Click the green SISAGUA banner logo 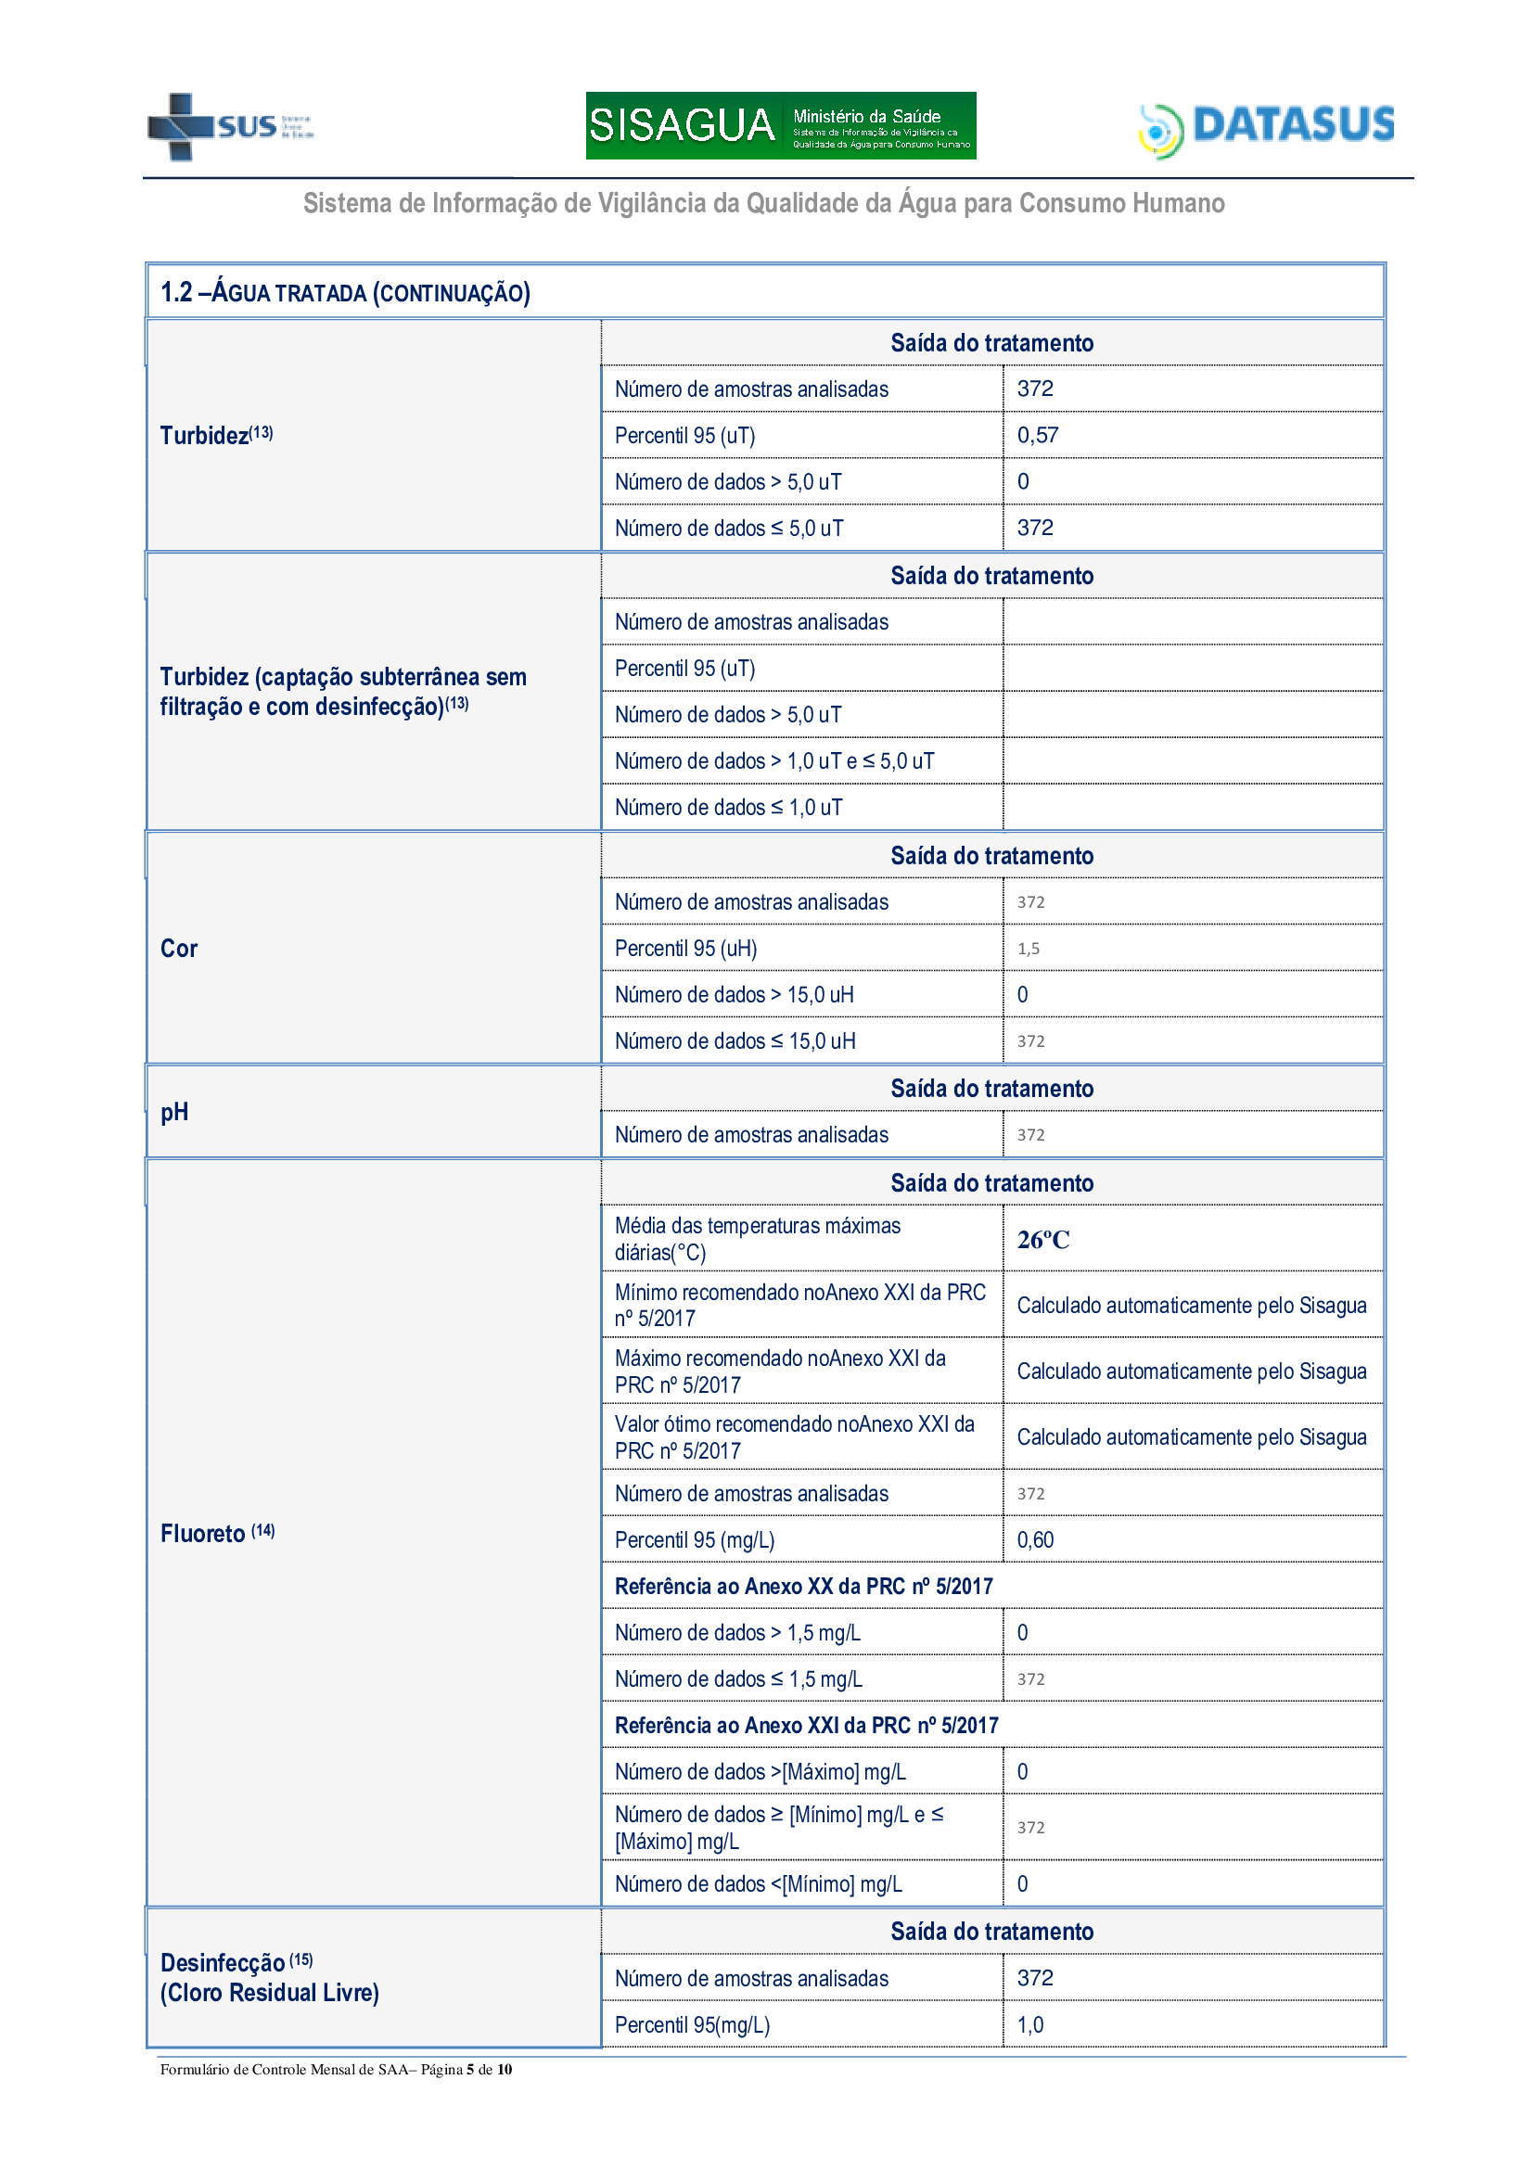(780, 125)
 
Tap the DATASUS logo (1267, 128)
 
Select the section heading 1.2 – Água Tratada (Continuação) (345, 293)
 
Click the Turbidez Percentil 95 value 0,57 (1037, 436)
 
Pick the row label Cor (178, 949)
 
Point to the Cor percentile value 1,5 (1028, 949)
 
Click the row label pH (174, 1112)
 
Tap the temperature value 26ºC (1042, 1240)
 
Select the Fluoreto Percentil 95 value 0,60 (1035, 1540)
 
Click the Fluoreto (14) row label (217, 1533)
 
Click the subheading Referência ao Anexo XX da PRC (803, 1586)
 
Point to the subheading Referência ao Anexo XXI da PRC (806, 1725)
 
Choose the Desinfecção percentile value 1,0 (1029, 2024)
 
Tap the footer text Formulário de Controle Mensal (336, 2069)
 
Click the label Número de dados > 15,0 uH (734, 995)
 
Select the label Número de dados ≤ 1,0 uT (728, 808)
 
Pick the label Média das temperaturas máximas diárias (757, 1239)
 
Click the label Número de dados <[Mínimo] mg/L (758, 1883)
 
